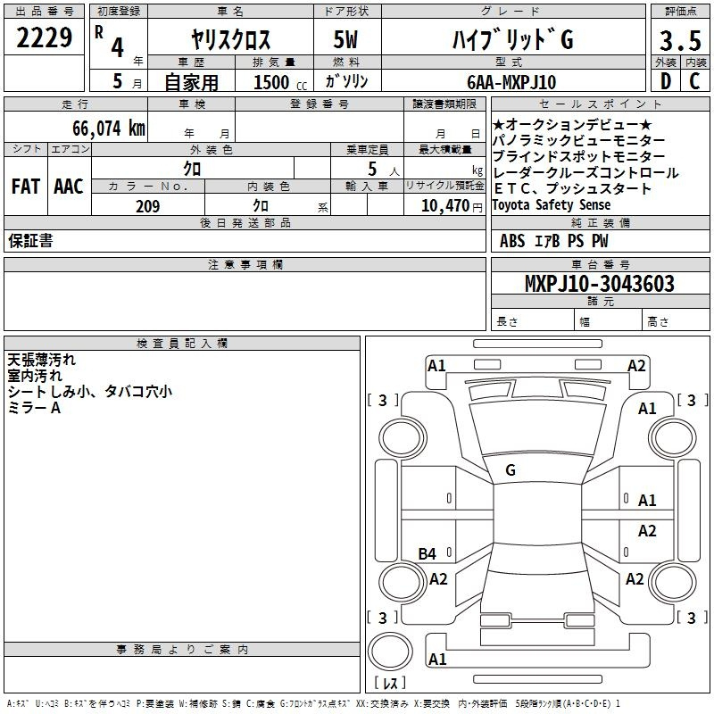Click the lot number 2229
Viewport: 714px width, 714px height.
44,37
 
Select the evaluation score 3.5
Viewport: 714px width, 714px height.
680,41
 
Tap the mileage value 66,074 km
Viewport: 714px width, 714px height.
109,128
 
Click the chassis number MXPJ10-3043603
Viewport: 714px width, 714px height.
599,283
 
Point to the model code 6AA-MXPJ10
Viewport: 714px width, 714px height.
511,82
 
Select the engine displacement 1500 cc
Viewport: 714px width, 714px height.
280,82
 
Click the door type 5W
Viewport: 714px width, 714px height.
345,39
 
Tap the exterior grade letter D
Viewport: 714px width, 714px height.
666,81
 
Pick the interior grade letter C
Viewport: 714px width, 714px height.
694,81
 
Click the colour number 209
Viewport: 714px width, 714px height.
147,206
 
